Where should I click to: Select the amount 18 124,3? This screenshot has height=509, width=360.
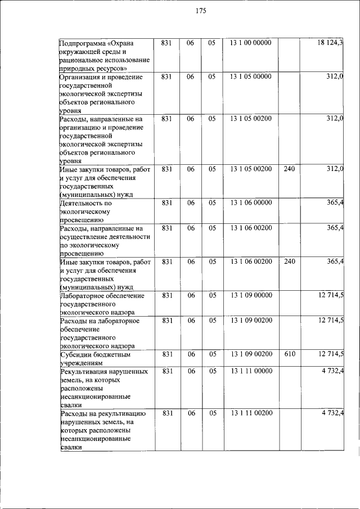[330, 43]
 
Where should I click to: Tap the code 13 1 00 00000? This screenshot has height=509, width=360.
[250, 43]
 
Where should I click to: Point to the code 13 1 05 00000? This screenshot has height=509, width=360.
[250, 76]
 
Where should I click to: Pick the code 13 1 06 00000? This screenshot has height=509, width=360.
[250, 202]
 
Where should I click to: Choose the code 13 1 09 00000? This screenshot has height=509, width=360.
[250, 295]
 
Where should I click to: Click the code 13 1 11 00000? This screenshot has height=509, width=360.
[250, 371]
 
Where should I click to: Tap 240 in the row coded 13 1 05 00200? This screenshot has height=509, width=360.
[290, 169]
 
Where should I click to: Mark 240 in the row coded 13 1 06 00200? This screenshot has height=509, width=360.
[290, 262]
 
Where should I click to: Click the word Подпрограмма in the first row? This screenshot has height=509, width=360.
[82, 43]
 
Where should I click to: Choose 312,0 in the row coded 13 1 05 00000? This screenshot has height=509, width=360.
[335, 76]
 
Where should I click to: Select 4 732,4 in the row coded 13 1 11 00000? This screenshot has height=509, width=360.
[333, 371]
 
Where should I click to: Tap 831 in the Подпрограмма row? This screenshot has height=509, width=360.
[166, 43]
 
